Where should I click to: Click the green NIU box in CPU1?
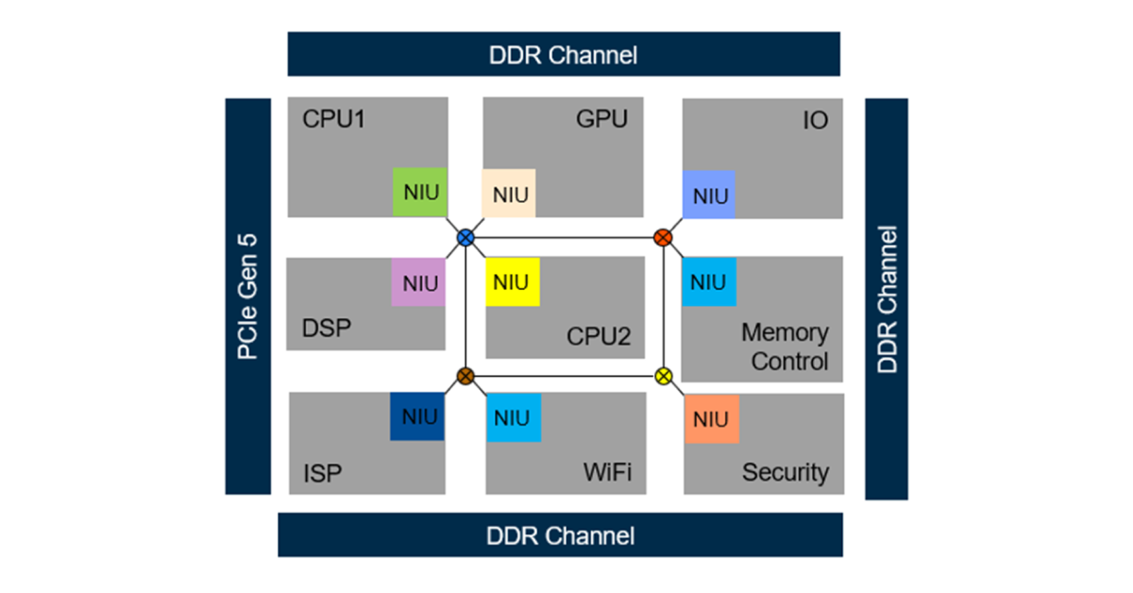pos(419,193)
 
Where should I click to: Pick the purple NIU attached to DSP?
pos(418,282)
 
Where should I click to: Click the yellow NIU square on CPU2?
pos(512,282)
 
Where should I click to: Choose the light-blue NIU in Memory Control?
pos(708,281)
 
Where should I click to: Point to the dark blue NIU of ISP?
pos(417,416)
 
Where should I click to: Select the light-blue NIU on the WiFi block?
pos(513,417)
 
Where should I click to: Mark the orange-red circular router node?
pos(663,237)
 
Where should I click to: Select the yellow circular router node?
pos(663,376)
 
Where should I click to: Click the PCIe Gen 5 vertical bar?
pos(247,296)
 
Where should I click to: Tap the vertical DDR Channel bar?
pos(887,298)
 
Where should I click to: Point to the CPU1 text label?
pos(333,120)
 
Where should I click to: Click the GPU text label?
pos(601,120)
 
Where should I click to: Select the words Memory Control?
pos(785,347)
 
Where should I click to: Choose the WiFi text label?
pos(606,471)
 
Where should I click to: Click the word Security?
pos(785,472)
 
